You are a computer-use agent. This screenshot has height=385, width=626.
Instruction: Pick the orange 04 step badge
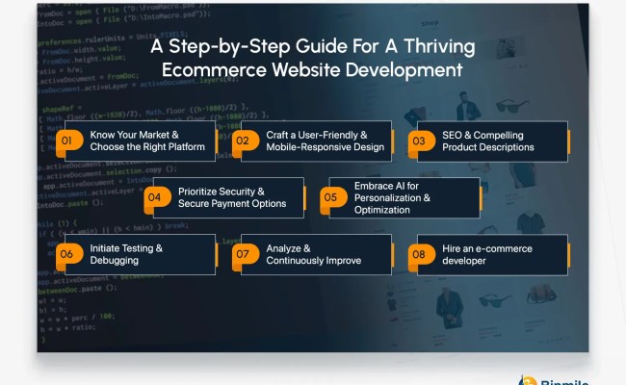(154, 197)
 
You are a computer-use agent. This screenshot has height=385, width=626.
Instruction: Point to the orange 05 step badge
(330, 197)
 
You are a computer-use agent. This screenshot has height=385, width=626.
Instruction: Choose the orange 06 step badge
(67, 254)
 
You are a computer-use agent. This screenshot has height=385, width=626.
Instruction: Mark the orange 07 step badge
(243, 254)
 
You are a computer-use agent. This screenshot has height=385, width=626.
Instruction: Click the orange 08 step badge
(419, 254)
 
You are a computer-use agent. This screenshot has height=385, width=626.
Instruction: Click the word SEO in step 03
(453, 134)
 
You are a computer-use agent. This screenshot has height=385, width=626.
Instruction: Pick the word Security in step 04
(231, 191)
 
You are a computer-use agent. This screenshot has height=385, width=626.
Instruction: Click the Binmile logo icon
(527, 379)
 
